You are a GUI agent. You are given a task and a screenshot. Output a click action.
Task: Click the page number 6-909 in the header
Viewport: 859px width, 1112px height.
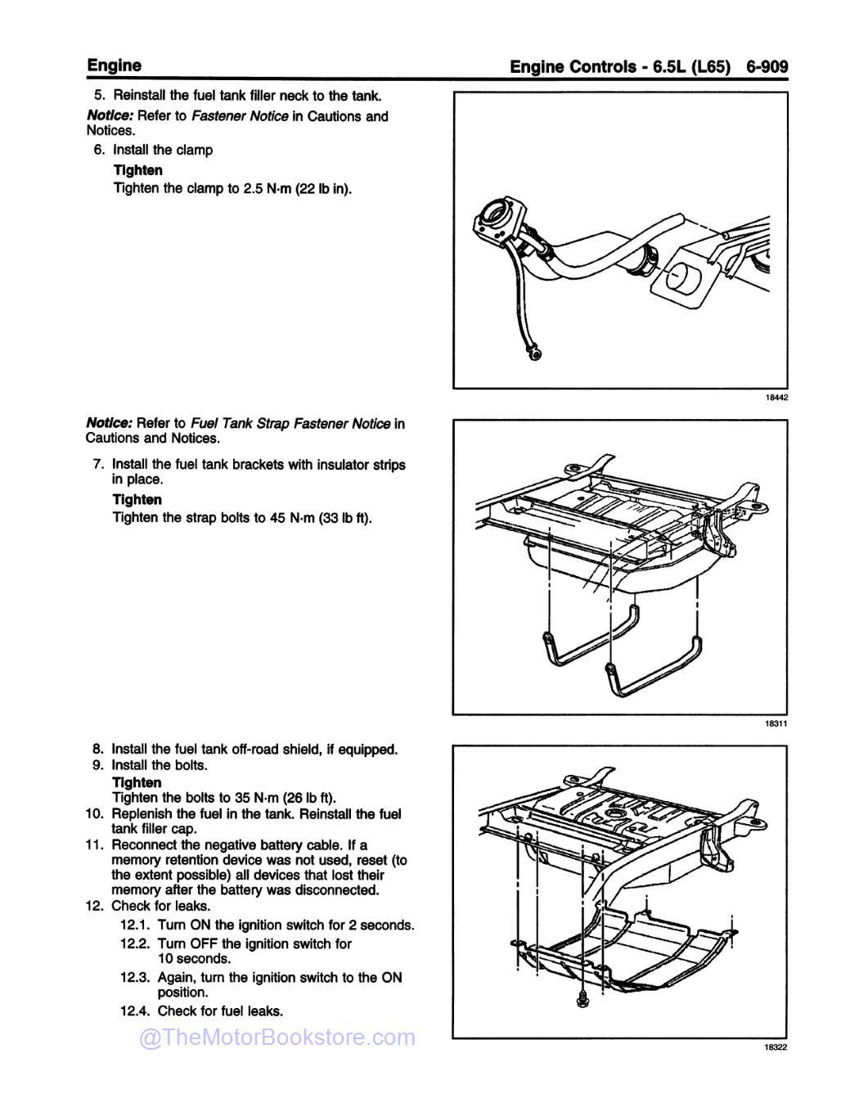pyautogui.click(x=767, y=66)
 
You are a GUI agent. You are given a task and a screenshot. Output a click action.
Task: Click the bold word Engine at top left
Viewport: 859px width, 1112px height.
pyautogui.click(x=114, y=65)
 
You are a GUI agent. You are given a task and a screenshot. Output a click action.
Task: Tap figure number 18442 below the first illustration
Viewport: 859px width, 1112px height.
pyautogui.click(x=776, y=398)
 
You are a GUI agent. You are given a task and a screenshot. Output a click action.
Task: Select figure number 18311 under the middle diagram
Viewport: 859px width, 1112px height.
pyautogui.click(x=776, y=723)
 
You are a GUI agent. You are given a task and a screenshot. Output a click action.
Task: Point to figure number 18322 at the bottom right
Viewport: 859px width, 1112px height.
pyautogui.click(x=776, y=1047)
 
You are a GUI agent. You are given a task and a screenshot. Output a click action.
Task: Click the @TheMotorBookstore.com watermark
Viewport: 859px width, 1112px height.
pyautogui.click(x=277, y=1038)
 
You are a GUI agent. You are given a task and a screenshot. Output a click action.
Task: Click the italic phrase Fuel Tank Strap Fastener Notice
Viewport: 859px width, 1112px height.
pyautogui.click(x=290, y=424)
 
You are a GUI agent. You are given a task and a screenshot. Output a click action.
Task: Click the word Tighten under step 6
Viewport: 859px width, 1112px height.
pyautogui.click(x=137, y=170)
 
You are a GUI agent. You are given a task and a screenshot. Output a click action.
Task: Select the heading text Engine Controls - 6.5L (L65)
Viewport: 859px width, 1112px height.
pyautogui.click(x=619, y=66)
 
